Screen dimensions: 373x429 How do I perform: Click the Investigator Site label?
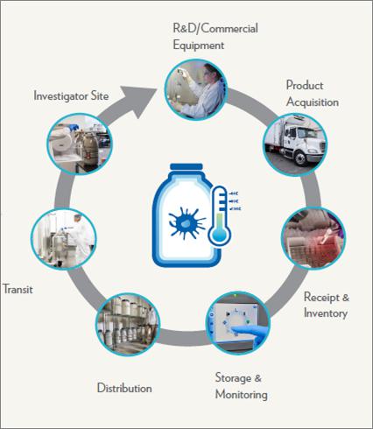pos(71,95)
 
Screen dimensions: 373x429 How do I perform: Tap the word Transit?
pos(18,289)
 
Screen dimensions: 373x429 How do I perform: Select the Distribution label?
pos(124,388)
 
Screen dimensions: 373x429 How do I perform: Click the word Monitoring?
pos(242,394)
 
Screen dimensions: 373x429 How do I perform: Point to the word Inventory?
pos(326,313)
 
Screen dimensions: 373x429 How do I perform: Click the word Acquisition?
pos(313,102)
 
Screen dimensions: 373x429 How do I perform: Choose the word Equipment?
pos(199,46)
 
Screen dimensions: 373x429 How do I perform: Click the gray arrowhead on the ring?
pos(137,102)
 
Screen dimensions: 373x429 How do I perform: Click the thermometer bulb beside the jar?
pos(219,233)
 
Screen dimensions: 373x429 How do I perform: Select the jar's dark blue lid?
pos(186,166)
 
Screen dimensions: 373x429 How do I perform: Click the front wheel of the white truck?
pos(300,158)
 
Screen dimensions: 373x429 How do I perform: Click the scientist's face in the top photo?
pos(209,73)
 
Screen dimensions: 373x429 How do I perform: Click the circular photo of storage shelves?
pos(128,324)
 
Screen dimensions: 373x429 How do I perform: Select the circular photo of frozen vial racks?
pos(313,238)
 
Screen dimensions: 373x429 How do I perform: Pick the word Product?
pos(305,85)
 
